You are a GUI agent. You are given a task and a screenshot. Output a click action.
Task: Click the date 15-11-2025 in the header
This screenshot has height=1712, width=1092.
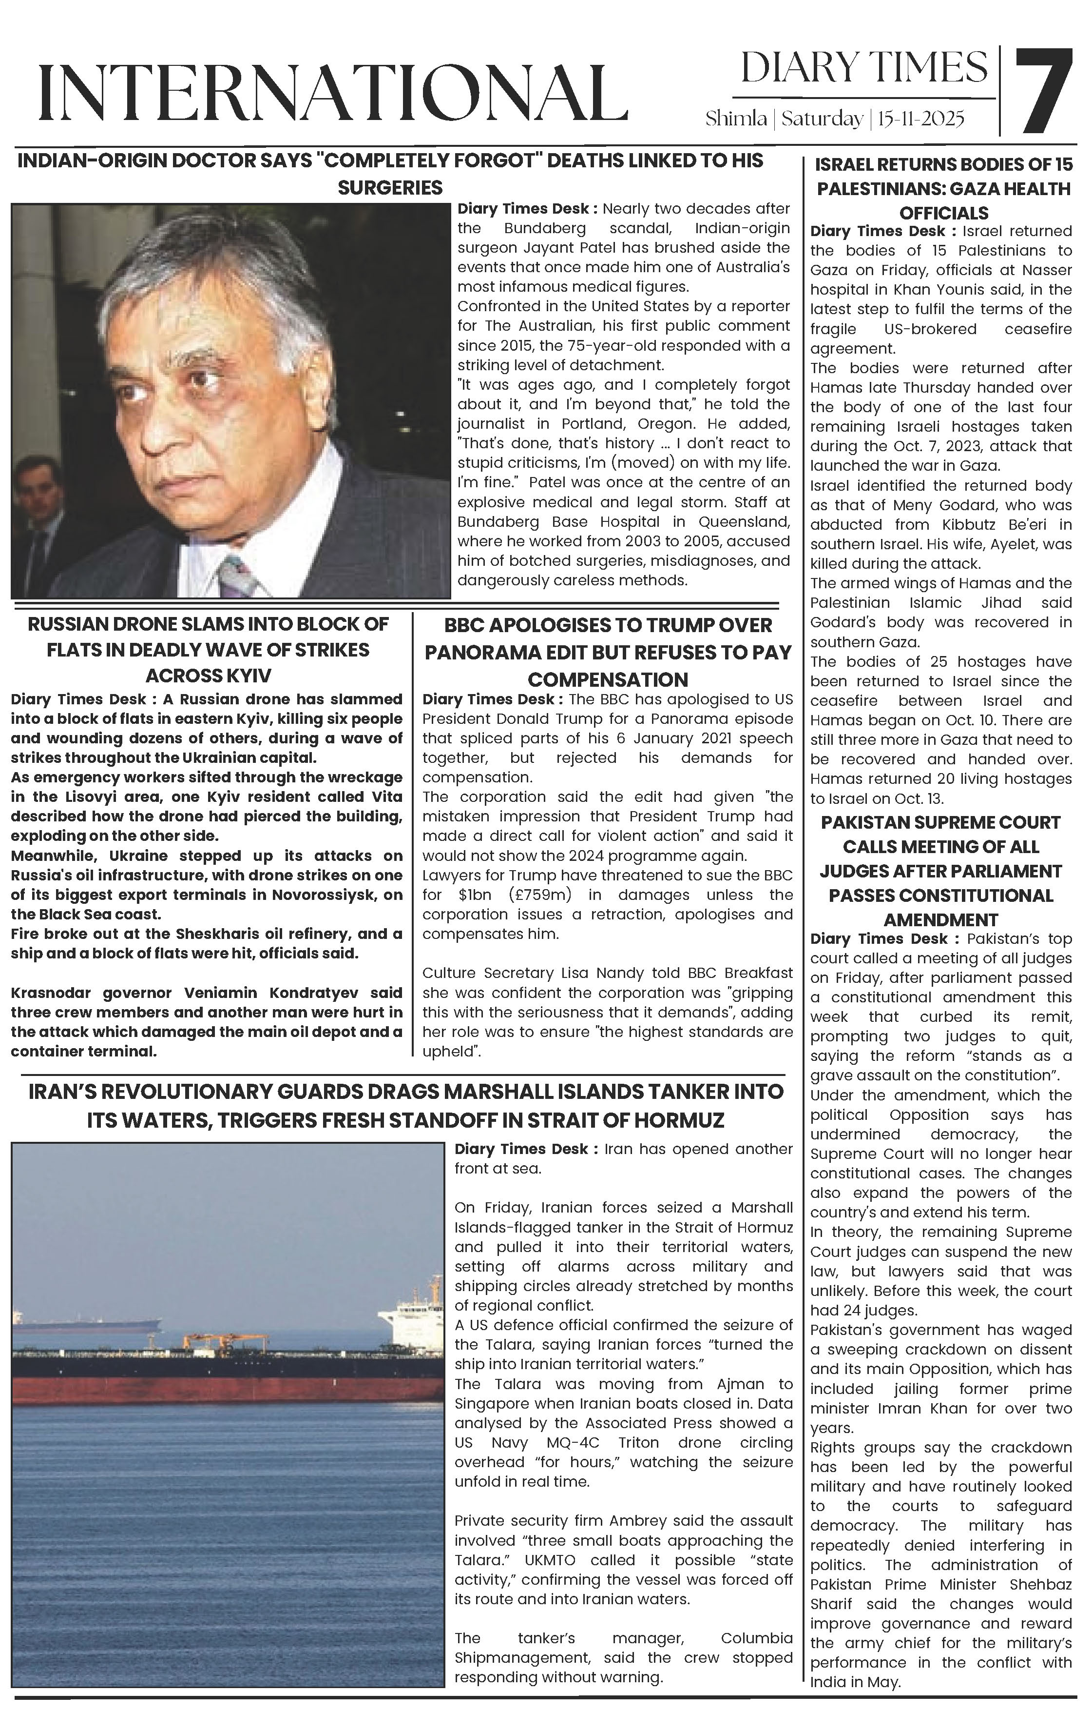pos(921,119)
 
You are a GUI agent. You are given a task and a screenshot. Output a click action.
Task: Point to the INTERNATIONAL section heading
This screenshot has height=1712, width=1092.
pos(332,92)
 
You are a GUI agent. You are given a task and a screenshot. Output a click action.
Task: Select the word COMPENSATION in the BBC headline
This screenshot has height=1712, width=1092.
pos(608,679)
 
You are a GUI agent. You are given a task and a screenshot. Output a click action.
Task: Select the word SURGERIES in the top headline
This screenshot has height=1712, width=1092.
pos(390,188)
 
